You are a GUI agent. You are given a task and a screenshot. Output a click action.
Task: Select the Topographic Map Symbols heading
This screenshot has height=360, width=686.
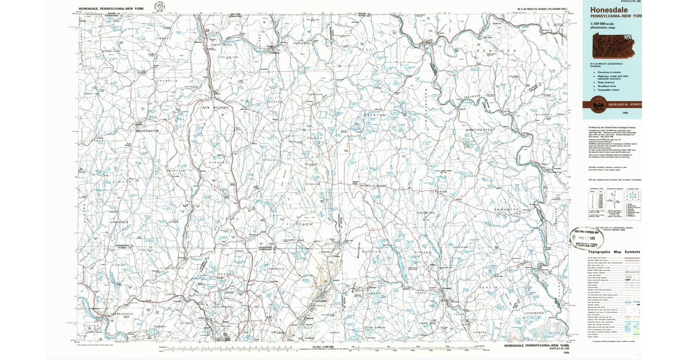click(x=614, y=252)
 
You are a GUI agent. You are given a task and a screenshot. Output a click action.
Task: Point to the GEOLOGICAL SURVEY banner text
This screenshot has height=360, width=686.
click(x=625, y=105)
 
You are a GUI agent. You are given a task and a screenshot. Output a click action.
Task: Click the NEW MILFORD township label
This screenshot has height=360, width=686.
click(x=215, y=107)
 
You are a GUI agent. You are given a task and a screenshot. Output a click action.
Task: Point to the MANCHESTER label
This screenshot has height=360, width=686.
click(x=478, y=130)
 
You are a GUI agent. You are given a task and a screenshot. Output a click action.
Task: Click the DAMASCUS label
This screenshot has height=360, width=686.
click(x=505, y=210)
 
